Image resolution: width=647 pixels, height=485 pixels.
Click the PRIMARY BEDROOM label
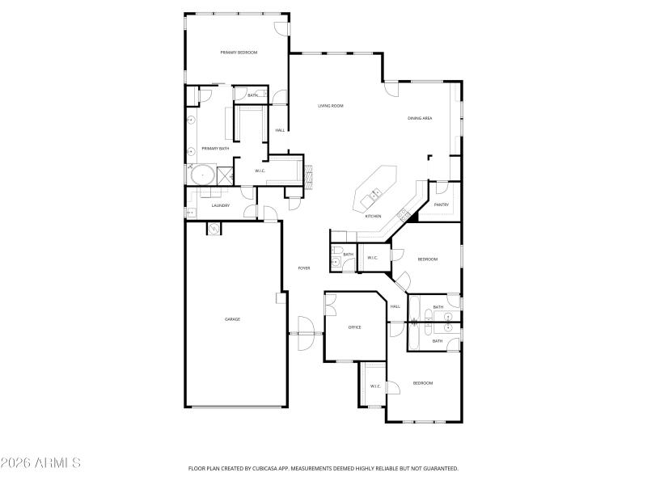click(239, 53)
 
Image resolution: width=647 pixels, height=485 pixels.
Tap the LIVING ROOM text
click(330, 106)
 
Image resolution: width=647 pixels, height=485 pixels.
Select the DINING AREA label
click(419, 119)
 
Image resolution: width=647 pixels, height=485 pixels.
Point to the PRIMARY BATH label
click(215, 149)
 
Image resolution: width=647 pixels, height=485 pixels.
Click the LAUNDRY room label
click(221, 205)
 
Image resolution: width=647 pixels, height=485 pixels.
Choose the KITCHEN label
click(373, 216)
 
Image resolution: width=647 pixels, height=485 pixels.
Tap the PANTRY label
click(441, 205)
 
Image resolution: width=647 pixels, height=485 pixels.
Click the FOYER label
click(304, 268)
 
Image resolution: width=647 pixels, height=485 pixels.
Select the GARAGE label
click(232, 319)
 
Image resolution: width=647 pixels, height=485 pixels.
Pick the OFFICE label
click(354, 327)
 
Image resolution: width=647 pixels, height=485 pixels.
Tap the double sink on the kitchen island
click(375, 193)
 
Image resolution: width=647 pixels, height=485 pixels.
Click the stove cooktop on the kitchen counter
click(402, 213)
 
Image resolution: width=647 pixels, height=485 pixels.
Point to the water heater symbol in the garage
click(212, 229)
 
